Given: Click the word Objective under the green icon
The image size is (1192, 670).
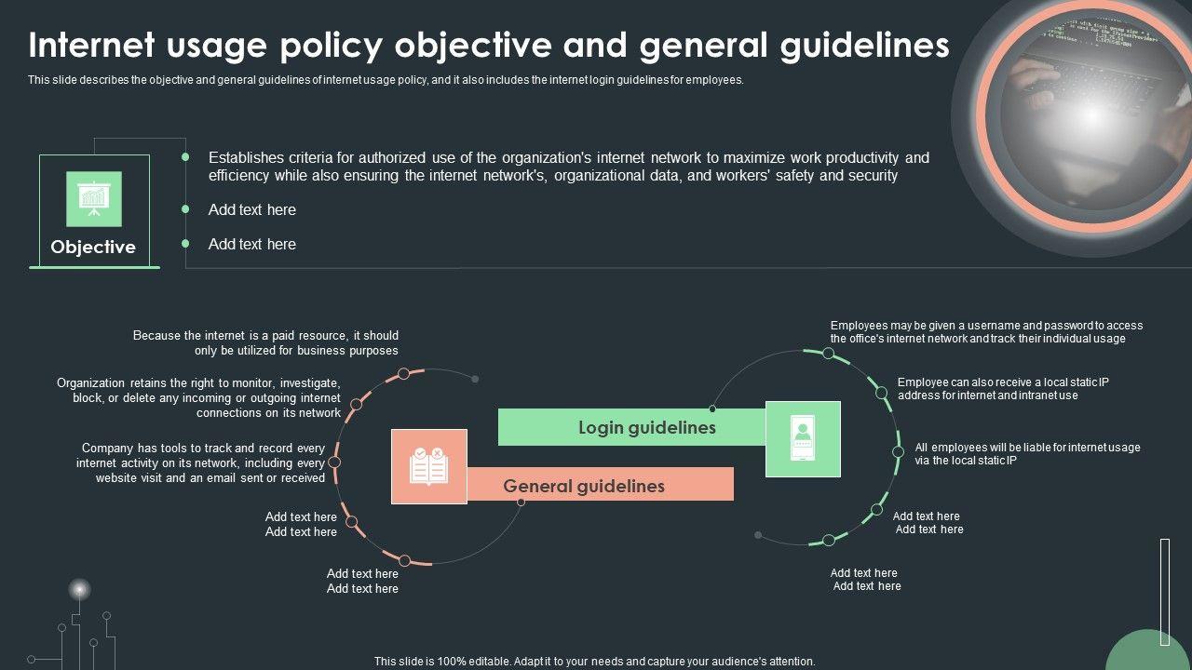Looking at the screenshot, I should pos(93,247).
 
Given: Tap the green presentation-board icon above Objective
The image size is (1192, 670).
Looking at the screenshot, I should pos(93,198).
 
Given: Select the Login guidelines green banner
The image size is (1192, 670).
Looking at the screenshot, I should pos(633,427).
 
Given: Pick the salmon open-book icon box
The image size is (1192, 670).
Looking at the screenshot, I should pos(429,466).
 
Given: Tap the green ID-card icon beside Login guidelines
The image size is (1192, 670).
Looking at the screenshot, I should pos(803,439).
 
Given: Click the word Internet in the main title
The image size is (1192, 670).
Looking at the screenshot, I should pos(91,45).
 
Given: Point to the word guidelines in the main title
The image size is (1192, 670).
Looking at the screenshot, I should pos(865,45).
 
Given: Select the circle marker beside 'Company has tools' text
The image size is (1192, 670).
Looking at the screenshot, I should pos(335,462).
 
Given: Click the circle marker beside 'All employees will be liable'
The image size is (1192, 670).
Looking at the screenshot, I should pos(898,452).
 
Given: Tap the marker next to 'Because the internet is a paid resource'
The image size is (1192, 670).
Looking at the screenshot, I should pos(403,373).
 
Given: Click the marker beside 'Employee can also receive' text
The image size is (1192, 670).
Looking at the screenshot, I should pos(881,393).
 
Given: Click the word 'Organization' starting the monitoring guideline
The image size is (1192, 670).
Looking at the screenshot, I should pos(90,382).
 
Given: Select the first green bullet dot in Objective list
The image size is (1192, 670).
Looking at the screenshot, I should pos(185,157).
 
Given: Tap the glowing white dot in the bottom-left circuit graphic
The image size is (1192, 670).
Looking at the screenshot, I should pos(80,589).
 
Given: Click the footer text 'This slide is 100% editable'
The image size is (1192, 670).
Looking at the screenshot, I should pos(594,662).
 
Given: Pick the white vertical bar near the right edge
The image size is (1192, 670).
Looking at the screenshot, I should pos(1164,592).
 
